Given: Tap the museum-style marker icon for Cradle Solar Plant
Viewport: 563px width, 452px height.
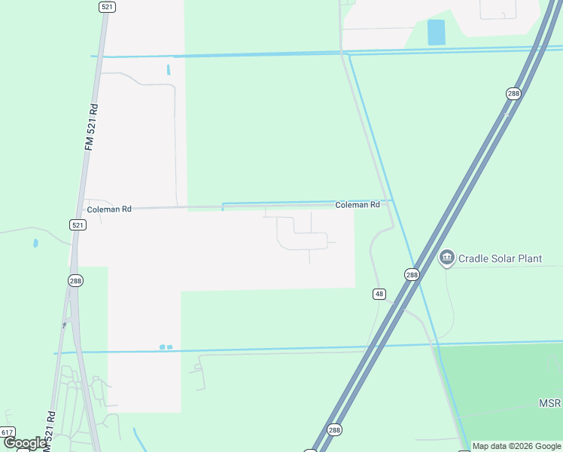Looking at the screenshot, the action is [x=446, y=258].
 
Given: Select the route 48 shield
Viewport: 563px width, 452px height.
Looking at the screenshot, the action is [x=379, y=293].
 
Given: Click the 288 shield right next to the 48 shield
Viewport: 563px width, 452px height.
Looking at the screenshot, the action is [x=412, y=275].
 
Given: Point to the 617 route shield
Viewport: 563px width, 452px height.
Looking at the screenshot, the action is [x=8, y=432].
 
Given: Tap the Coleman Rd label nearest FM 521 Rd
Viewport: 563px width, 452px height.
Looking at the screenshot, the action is [x=109, y=209].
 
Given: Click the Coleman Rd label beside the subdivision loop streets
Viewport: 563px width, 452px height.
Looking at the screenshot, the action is [x=357, y=205].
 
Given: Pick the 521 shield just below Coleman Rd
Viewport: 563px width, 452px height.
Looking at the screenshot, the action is [x=78, y=224].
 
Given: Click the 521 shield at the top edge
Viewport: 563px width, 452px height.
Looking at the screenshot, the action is [x=106, y=6].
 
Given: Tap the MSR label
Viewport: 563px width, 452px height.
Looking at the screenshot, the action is [x=549, y=404].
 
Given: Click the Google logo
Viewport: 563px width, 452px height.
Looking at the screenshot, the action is [x=25, y=443].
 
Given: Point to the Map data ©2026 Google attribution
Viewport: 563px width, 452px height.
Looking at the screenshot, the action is [x=516, y=446].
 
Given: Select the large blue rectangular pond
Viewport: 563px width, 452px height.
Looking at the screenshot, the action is [x=436, y=32].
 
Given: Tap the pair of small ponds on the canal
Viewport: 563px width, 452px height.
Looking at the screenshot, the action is [x=166, y=347].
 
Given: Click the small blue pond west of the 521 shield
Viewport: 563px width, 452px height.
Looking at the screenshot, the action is [x=35, y=243].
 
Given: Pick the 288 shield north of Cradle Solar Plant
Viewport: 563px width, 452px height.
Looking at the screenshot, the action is [x=513, y=93].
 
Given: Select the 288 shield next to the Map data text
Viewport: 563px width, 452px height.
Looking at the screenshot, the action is [x=335, y=430].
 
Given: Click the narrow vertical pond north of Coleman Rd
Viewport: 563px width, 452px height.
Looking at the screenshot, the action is [x=169, y=69].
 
